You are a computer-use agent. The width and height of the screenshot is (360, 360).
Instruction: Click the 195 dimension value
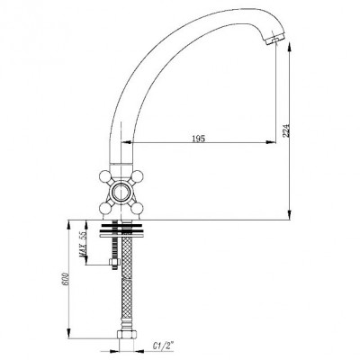click(x=198, y=139)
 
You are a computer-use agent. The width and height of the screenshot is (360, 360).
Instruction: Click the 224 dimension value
click(x=286, y=130)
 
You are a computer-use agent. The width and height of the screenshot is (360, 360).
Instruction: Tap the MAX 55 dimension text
click(x=83, y=245)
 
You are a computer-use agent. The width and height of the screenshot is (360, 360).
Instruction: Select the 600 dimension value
click(x=66, y=279)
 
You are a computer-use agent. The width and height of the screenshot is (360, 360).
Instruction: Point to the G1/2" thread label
click(x=164, y=346)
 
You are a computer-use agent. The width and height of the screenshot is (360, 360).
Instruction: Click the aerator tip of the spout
click(x=274, y=40)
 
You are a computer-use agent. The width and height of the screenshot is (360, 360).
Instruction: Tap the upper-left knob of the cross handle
click(x=105, y=176)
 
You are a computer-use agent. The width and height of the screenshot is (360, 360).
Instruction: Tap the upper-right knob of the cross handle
click(x=137, y=176)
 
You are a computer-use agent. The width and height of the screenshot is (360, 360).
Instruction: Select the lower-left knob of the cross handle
click(x=105, y=208)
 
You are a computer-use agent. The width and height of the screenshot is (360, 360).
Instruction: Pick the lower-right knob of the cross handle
click(x=137, y=208)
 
